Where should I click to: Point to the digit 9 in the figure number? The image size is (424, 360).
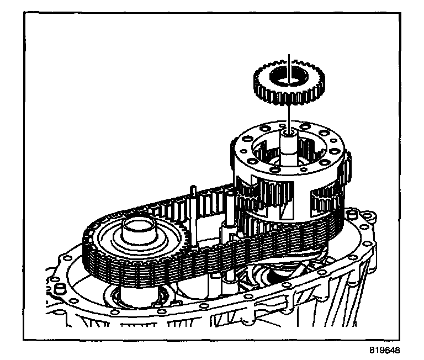coord(379,350)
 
